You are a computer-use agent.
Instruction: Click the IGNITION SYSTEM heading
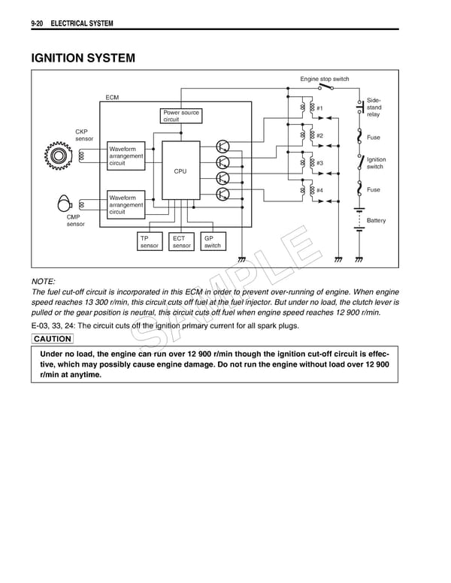[83, 58]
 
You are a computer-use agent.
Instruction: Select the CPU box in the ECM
[180, 170]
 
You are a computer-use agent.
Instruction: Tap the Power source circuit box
[181, 116]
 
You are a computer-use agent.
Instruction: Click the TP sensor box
[149, 241]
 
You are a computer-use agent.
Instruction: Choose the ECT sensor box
[181, 241]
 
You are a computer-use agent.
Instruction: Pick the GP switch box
[213, 241]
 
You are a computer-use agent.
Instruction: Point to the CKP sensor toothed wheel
[58, 156]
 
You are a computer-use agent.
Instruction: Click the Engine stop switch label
[325, 79]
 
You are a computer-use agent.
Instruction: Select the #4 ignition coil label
[319, 190]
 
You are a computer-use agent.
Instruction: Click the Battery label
[376, 221]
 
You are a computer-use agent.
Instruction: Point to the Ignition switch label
[376, 163]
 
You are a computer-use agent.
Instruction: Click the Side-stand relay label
[374, 107]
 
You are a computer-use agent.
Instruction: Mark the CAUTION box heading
[53, 340]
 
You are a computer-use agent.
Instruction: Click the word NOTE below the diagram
[44, 280]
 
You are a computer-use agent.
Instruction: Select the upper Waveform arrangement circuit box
[126, 156]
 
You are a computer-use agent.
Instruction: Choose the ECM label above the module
[112, 98]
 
